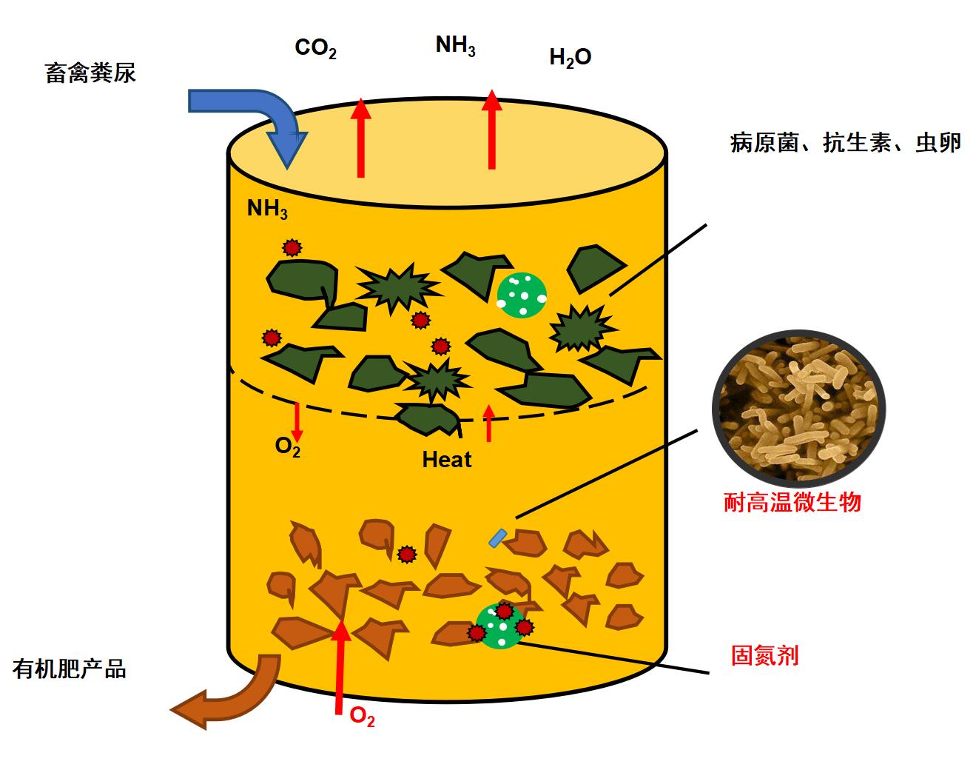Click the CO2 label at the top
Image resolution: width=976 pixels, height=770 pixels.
click(x=316, y=49)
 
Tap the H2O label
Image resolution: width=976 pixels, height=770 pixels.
click(x=570, y=58)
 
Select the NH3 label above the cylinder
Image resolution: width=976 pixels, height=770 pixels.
click(x=455, y=46)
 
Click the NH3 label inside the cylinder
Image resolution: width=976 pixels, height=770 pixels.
click(x=267, y=210)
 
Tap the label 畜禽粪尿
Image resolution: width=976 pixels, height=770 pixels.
click(x=90, y=73)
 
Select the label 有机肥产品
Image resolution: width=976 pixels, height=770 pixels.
click(x=70, y=669)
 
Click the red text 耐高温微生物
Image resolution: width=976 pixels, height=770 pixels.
click(x=792, y=503)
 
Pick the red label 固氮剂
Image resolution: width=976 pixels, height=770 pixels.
click(x=764, y=655)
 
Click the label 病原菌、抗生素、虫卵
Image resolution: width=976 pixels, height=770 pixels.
click(x=845, y=143)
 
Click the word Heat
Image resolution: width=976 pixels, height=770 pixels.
click(x=446, y=460)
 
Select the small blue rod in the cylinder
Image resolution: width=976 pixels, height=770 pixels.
click(x=498, y=538)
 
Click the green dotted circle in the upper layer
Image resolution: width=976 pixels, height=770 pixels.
click(x=522, y=293)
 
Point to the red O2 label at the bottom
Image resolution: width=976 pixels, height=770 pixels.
click(x=362, y=717)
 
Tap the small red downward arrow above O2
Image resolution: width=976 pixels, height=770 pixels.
click(x=297, y=421)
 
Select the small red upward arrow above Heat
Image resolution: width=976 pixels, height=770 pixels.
click(x=488, y=423)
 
